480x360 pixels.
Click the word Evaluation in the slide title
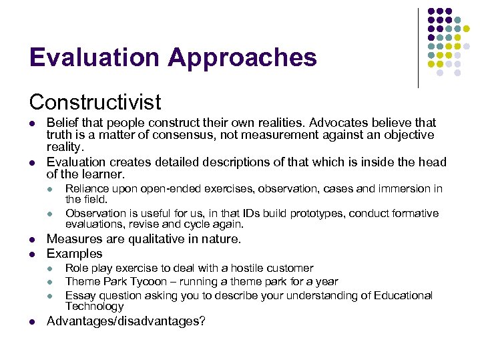94,58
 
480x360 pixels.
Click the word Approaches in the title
242,58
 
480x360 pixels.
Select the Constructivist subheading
95,102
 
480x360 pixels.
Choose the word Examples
74,254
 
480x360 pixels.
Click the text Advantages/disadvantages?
126,321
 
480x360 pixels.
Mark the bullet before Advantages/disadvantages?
32,322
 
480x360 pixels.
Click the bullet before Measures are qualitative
32,240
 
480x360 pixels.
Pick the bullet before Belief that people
32,124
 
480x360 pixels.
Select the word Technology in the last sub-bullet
94,307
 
